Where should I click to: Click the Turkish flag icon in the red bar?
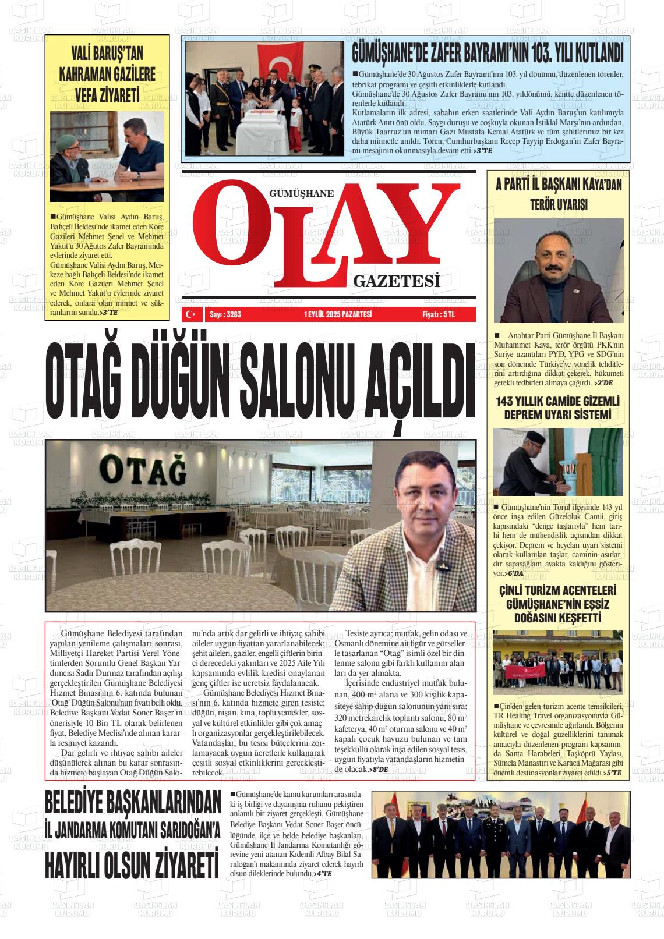[x=190, y=314]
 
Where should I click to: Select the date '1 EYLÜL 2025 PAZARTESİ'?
[x=337, y=315]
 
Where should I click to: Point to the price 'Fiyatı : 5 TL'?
[x=438, y=315]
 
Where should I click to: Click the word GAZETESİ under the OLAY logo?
[x=395, y=282]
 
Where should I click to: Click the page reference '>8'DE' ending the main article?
[x=379, y=769]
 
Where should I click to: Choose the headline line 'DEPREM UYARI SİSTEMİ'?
[x=557, y=414]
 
